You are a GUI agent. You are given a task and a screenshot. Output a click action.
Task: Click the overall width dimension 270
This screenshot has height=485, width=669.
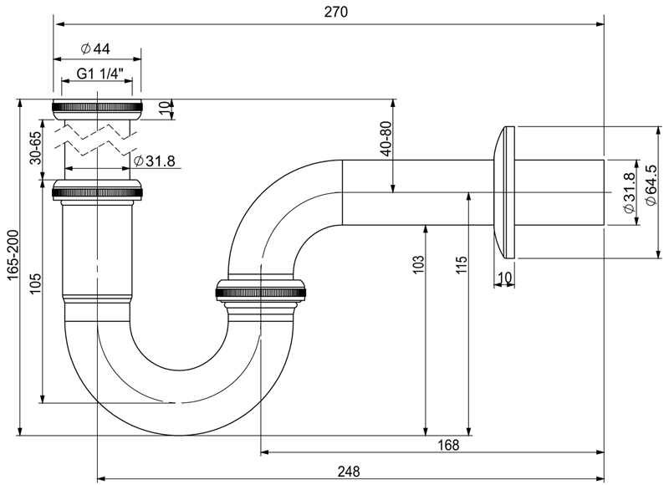pyautogui.click(x=336, y=12)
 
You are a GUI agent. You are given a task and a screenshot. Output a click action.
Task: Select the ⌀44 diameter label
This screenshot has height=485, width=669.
pyautogui.click(x=95, y=48)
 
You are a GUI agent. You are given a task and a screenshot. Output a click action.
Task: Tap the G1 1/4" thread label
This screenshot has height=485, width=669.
pyautogui.click(x=100, y=74)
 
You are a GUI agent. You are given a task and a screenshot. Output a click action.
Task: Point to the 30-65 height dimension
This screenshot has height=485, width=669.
pyautogui.click(x=35, y=147)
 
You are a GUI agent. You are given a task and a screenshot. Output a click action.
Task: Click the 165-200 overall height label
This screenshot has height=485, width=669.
pyautogui.click(x=13, y=256)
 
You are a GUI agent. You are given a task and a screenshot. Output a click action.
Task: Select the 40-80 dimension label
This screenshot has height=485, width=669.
pyautogui.click(x=386, y=139)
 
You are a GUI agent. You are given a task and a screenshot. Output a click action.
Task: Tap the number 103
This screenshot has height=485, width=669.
pyautogui.click(x=419, y=264)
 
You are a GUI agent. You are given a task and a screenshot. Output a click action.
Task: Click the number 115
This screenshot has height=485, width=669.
pyautogui.click(x=462, y=265)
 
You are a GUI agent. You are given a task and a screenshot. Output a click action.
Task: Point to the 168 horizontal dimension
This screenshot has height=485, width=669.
pyautogui.click(x=448, y=445)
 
